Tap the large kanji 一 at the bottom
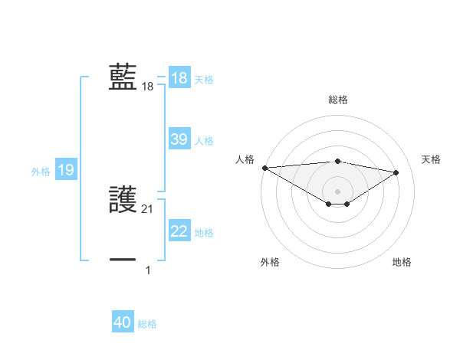coord(123,260)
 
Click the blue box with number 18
coord(179,78)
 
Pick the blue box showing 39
coord(179,139)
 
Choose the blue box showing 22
coord(179,231)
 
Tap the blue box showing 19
coord(66,170)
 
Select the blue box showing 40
coord(123,322)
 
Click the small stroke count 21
coord(148,209)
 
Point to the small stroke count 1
coord(148,270)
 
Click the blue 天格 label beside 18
coord(204,80)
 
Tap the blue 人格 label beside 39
coord(204,141)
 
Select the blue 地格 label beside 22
coord(204,233)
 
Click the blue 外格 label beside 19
coord(41,172)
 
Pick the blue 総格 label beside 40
coord(147,324)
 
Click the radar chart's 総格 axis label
coord(337,100)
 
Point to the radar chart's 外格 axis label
coord(270,262)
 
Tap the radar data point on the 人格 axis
coord(264,168)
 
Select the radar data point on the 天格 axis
coord(396,172)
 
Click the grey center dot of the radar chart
coord(337,191)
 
